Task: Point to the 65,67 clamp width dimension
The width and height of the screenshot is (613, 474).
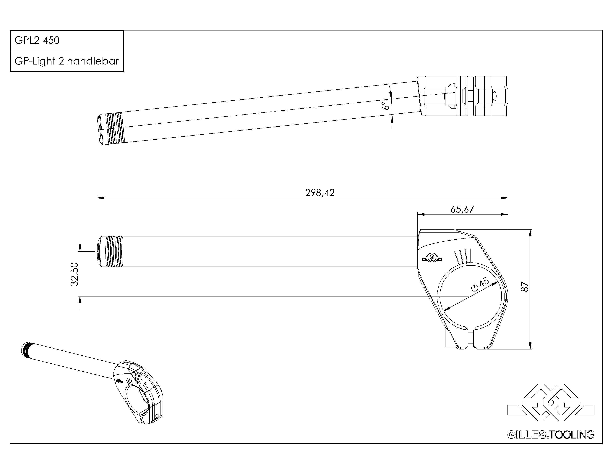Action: pos(462,209)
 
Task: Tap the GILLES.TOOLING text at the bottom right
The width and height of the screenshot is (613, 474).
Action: pos(551,435)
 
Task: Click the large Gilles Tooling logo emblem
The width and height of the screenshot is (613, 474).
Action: pos(551,402)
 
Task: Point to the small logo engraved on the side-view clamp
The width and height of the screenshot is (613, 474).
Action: pos(432,257)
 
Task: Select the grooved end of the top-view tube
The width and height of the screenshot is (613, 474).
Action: pos(111,128)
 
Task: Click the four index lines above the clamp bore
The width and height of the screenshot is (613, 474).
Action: pos(462,256)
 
